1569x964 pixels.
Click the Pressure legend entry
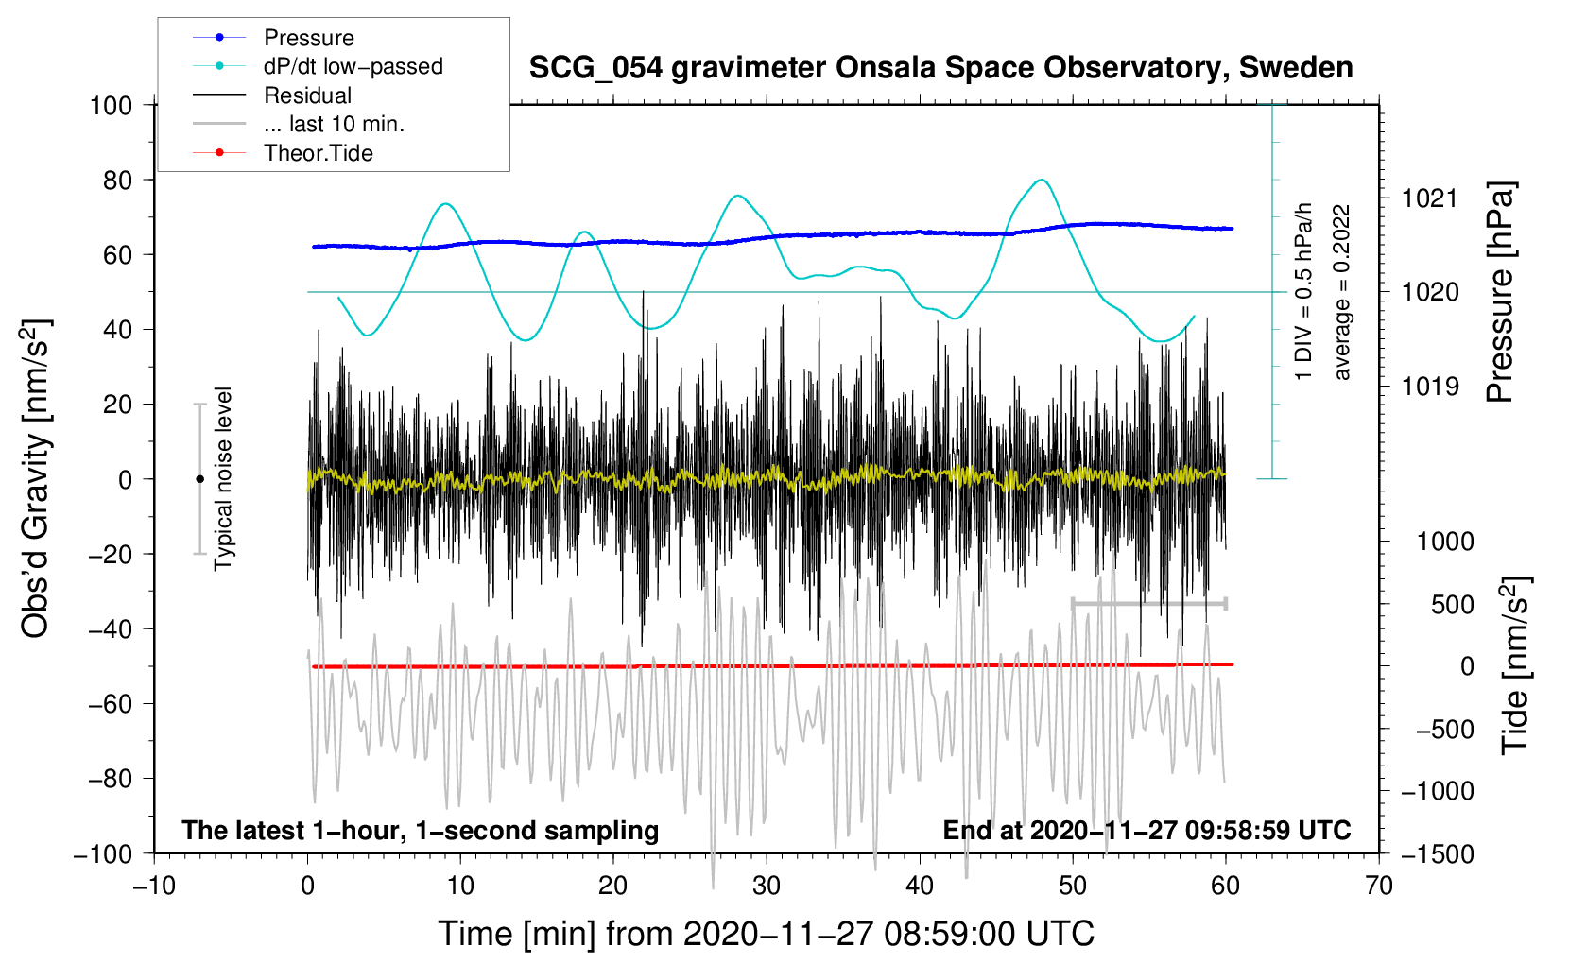[x=308, y=38]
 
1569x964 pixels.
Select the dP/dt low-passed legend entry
[x=353, y=66]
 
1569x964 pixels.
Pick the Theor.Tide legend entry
[x=318, y=153]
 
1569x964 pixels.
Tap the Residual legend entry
[x=307, y=95]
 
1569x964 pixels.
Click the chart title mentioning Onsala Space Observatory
[x=940, y=68]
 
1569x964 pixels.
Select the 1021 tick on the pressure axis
[x=1430, y=198]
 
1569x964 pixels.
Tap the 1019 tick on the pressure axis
[x=1430, y=386]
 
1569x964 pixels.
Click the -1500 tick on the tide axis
[x=1437, y=853]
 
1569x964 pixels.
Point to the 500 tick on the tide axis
[x=1452, y=604]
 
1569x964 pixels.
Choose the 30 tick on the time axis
[x=767, y=886]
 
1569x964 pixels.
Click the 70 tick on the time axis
[x=1379, y=886]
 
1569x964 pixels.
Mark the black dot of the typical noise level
[x=199, y=479]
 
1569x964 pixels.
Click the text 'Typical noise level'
[x=223, y=478]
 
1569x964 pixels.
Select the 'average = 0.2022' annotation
[x=1341, y=293]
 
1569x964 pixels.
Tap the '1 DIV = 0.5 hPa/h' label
[x=1304, y=291]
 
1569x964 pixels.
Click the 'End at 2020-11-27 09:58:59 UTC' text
[x=1147, y=831]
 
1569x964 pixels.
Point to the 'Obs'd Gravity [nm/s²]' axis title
[x=36, y=478]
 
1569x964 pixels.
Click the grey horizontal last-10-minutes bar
[x=1148, y=603]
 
